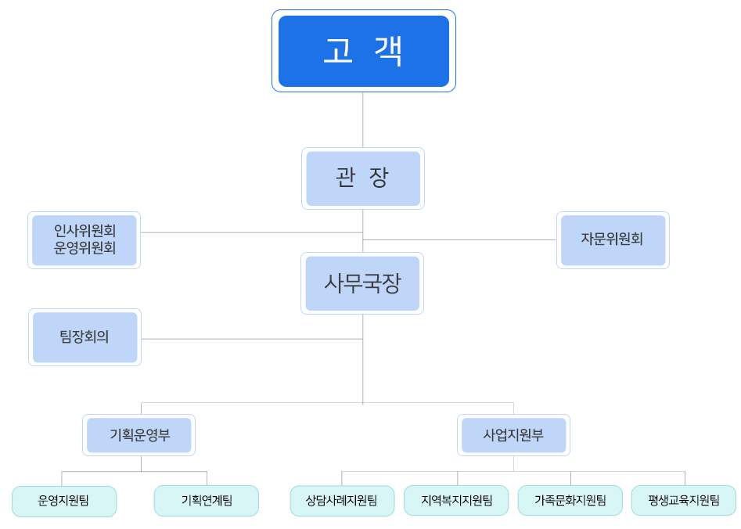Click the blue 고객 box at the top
point(363,51)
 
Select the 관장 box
point(362,178)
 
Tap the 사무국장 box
point(362,283)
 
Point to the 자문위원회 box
point(613,239)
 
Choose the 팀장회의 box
point(85,337)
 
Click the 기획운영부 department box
point(138,435)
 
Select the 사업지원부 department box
point(513,435)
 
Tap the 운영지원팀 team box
point(63,501)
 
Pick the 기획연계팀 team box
point(207,501)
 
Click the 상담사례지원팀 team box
point(342,501)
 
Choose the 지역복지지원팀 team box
point(456,501)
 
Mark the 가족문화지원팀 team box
point(570,501)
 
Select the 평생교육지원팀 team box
point(684,501)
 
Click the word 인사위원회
point(85,231)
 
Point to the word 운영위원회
point(85,249)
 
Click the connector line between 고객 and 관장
point(363,119)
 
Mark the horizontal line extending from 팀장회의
point(250,339)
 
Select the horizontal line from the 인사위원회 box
point(250,232)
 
